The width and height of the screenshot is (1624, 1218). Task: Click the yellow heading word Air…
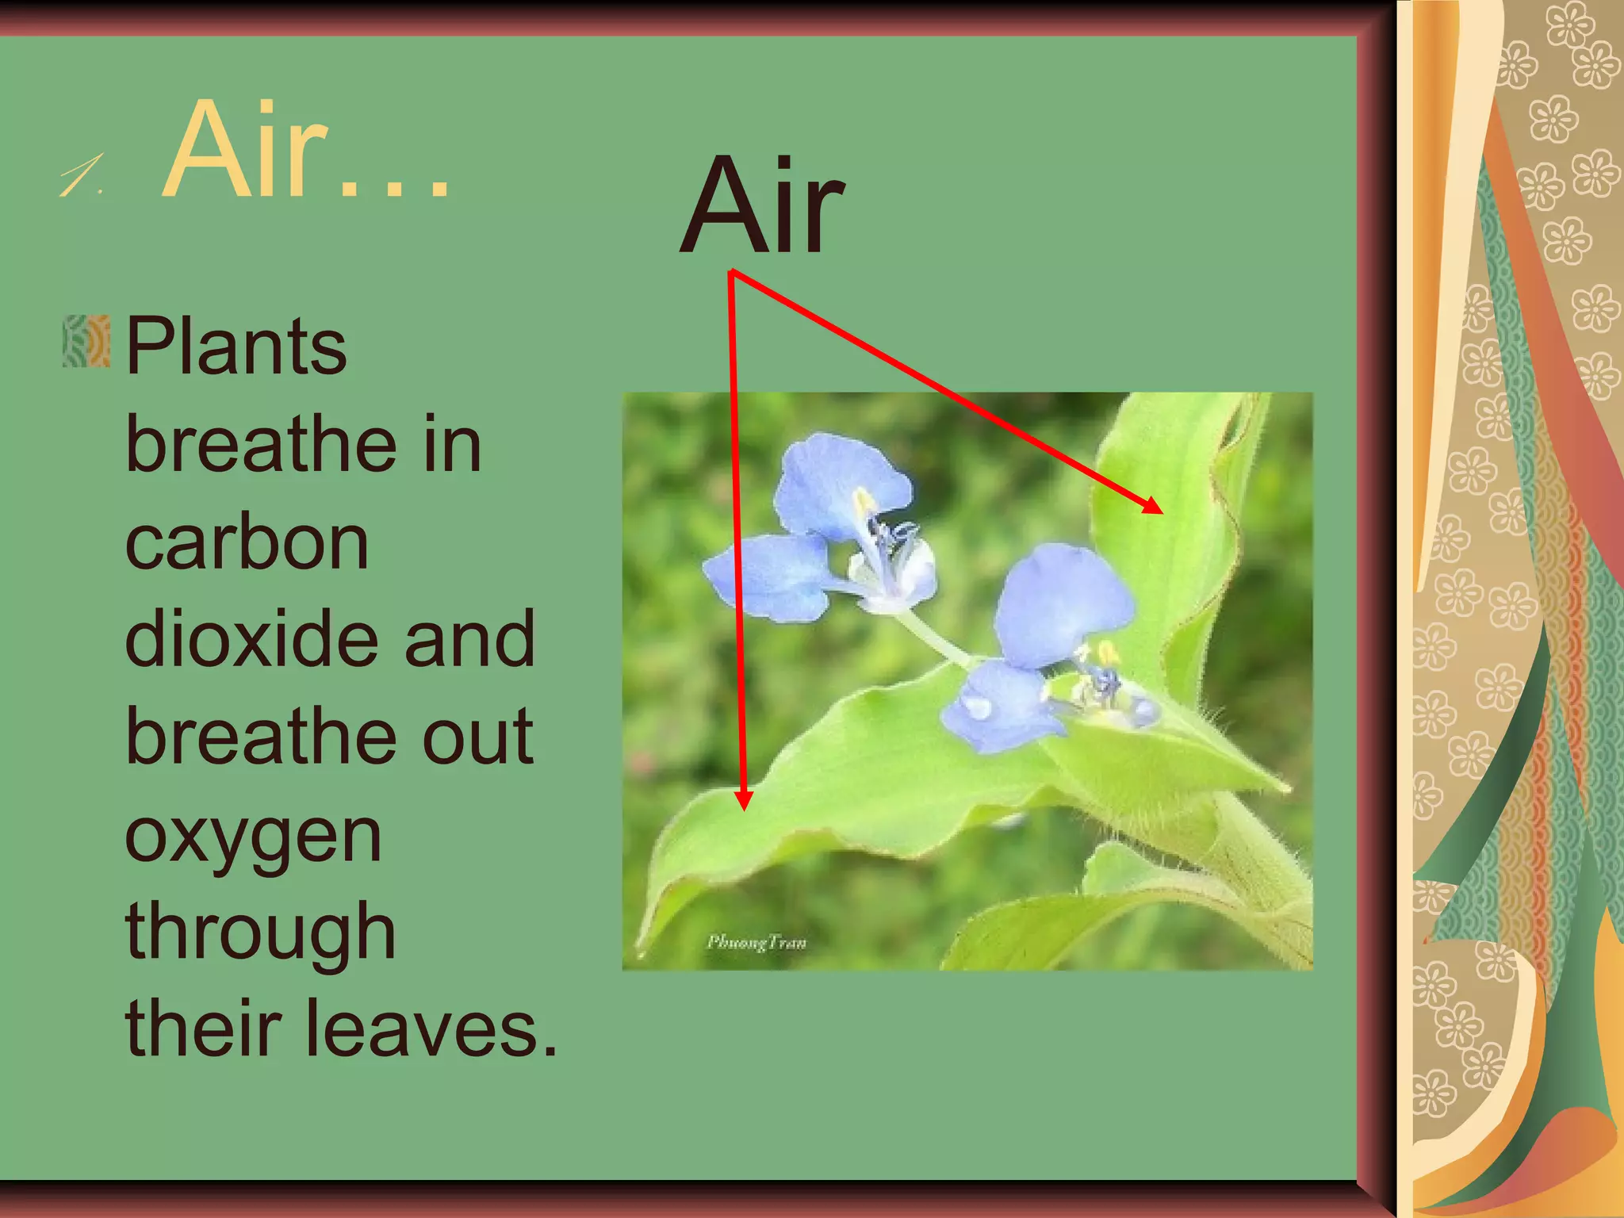(305, 151)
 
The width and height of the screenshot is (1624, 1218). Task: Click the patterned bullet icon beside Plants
(86, 342)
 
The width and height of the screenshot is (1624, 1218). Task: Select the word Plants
(236, 347)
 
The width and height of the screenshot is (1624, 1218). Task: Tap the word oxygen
(253, 837)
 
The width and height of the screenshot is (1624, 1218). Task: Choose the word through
(260, 933)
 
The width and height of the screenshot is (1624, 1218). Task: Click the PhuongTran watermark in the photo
(756, 943)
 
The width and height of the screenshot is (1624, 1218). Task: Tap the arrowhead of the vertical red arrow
(743, 801)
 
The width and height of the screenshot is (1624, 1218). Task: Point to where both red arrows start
(731, 273)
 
